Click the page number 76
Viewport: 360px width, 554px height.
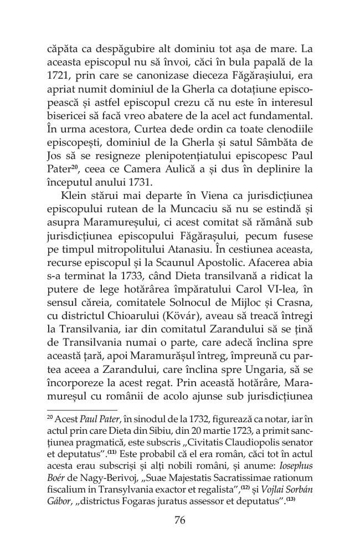click(179, 520)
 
